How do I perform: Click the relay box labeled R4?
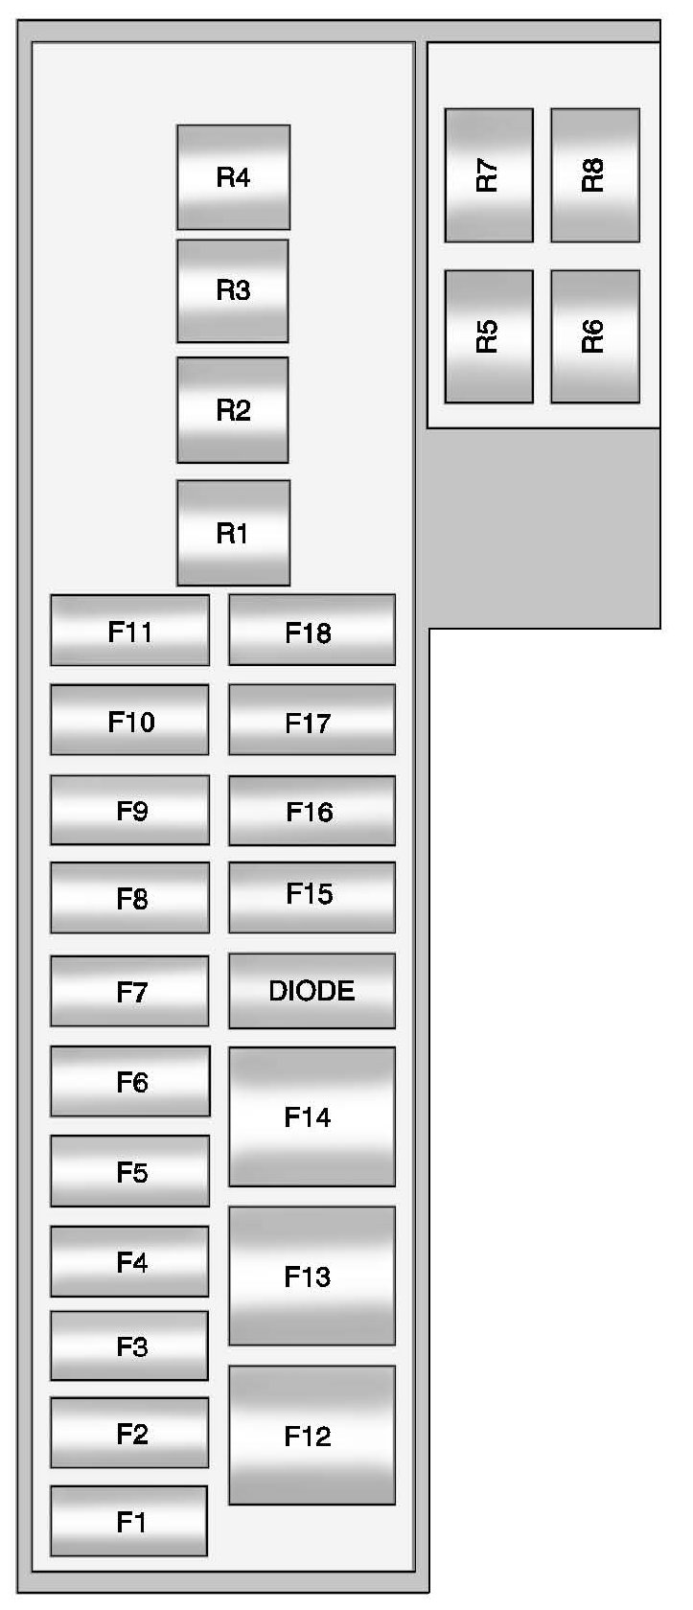(x=233, y=177)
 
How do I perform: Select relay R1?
(x=233, y=533)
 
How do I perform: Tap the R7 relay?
(x=488, y=175)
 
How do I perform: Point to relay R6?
(x=594, y=336)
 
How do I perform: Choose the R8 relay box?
(x=594, y=175)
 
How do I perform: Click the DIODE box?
(x=312, y=990)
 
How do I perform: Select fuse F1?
(x=129, y=1521)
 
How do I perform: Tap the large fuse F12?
(x=312, y=1435)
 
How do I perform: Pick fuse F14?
(x=312, y=1116)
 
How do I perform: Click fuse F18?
(x=312, y=631)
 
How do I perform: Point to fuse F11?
(x=129, y=631)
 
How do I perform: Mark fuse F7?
(x=129, y=991)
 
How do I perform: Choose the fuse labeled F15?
(x=312, y=896)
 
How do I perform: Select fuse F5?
(x=129, y=1171)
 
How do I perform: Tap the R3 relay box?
(x=233, y=290)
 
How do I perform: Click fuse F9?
(x=129, y=811)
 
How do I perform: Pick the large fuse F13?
(x=312, y=1276)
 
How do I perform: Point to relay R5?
(x=488, y=336)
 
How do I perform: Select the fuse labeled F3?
(x=129, y=1346)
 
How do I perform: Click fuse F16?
(x=312, y=811)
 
